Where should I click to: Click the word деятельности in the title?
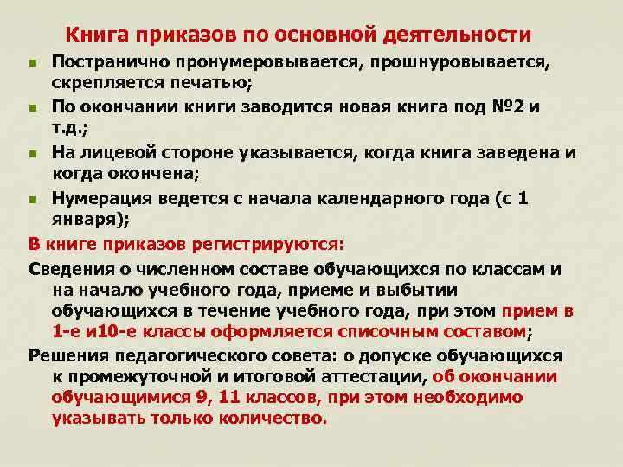[459, 35]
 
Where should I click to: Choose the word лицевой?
[116, 151]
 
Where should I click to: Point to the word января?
[89, 219]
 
